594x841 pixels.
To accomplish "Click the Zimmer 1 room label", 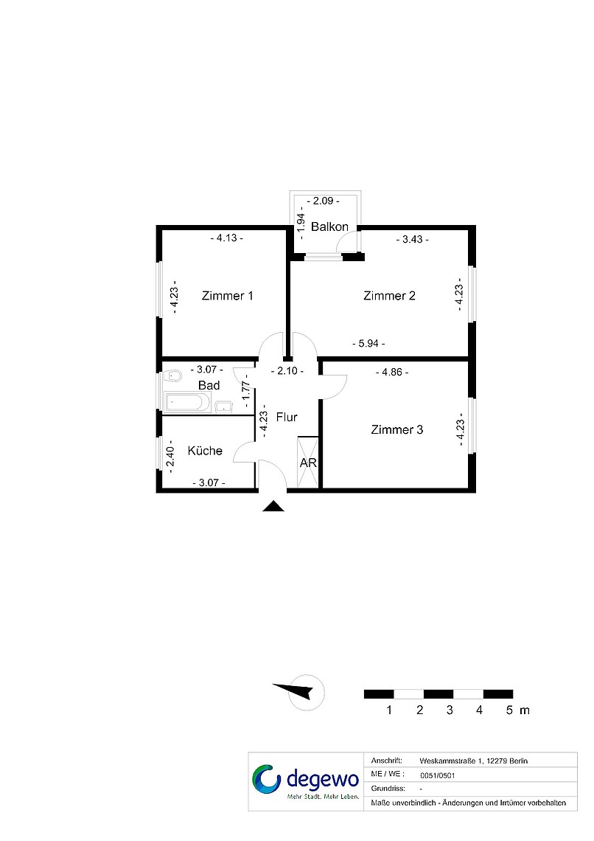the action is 227,296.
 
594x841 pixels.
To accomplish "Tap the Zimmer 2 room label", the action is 389,296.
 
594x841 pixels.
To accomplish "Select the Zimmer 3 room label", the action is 397,429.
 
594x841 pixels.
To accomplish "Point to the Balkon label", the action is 329,227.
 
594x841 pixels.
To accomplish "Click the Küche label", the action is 205,451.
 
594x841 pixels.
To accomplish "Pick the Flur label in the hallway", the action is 287,417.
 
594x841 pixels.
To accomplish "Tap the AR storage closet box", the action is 308,463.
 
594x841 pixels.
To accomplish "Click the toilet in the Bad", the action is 173,375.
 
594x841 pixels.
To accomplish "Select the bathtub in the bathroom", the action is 187,402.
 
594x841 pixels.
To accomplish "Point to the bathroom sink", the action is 223,406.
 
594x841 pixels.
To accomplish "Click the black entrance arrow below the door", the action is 273,506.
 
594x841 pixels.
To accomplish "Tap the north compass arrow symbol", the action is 293,691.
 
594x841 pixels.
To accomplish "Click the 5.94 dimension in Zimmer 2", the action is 368,343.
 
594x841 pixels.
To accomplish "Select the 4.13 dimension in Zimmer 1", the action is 226,238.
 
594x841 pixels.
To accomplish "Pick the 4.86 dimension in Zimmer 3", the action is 392,372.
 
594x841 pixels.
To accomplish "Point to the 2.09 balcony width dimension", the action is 324,201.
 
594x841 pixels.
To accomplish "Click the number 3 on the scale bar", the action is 450,710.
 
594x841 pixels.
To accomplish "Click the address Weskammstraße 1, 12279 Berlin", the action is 473,761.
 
